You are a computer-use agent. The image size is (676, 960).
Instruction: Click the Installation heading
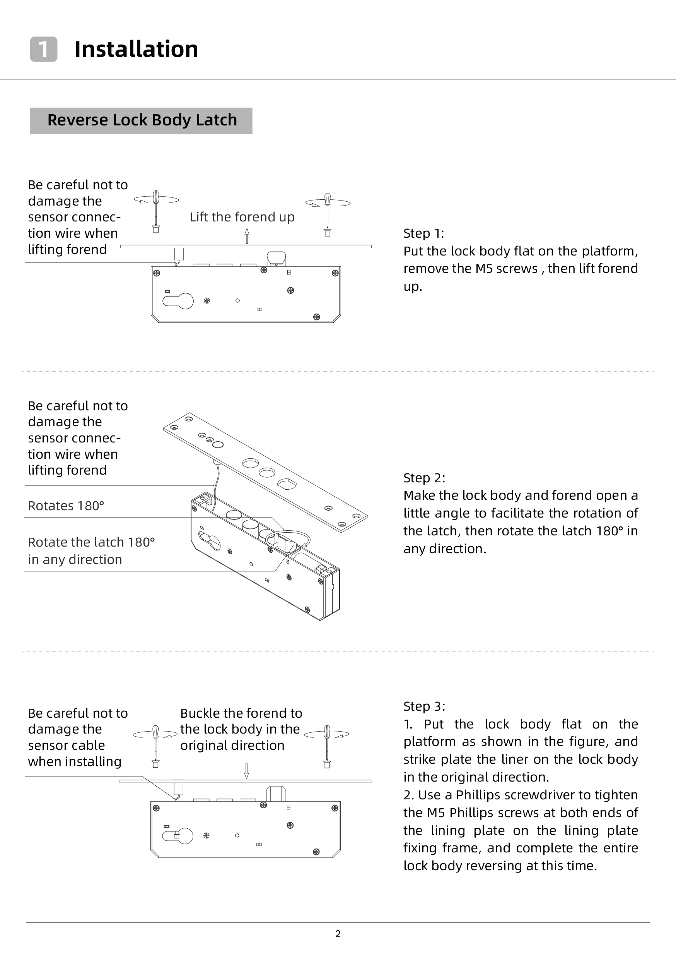pos(136,49)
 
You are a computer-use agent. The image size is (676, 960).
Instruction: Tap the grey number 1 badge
pos(43,49)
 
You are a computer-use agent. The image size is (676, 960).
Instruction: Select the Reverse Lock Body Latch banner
pos(141,120)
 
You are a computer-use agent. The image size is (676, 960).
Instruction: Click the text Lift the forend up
pos(242,217)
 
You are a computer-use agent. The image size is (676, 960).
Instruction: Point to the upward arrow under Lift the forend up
pos(247,235)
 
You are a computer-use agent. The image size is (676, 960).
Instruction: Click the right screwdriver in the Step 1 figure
pos(328,214)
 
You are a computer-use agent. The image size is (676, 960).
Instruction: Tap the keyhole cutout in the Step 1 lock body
pos(178,301)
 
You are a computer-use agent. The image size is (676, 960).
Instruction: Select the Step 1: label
pos(423,233)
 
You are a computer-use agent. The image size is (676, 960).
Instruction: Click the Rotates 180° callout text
pos(66,506)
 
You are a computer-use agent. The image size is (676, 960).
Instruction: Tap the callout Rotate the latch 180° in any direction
pos(91,551)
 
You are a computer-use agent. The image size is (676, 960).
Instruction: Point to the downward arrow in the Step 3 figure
pos(246,771)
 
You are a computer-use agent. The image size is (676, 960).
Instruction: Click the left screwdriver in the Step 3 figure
pos(155,746)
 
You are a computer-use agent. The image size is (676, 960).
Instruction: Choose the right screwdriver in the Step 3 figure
pos(328,746)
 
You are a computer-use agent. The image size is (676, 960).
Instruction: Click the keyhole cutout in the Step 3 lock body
pos(178,836)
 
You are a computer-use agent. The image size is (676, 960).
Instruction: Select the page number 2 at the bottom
pos(338,934)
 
